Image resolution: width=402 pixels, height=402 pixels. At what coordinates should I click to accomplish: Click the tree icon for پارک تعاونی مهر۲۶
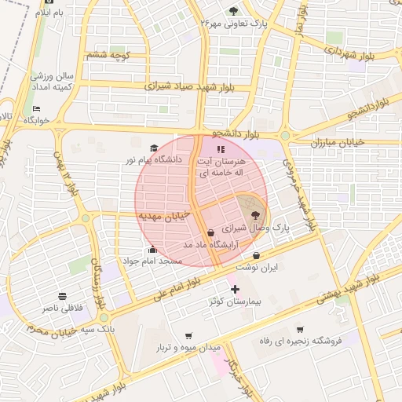[x=233, y=10]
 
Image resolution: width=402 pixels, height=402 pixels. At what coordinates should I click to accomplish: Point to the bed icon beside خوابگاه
[x=36, y=108]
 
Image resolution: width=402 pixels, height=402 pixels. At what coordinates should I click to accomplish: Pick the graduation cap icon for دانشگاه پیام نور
[x=154, y=148]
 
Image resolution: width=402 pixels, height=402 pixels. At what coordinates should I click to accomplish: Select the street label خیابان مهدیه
[x=161, y=214]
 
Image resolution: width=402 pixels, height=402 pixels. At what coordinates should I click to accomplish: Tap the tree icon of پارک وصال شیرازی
[x=257, y=214]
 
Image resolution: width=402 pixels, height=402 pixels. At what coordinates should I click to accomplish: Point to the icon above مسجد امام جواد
[x=152, y=250]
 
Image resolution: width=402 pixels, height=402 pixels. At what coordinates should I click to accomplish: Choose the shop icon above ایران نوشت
[x=257, y=255]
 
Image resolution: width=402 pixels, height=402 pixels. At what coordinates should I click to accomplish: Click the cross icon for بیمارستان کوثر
[x=234, y=289]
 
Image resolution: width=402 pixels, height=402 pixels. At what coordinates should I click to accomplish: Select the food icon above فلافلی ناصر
[x=61, y=297]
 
